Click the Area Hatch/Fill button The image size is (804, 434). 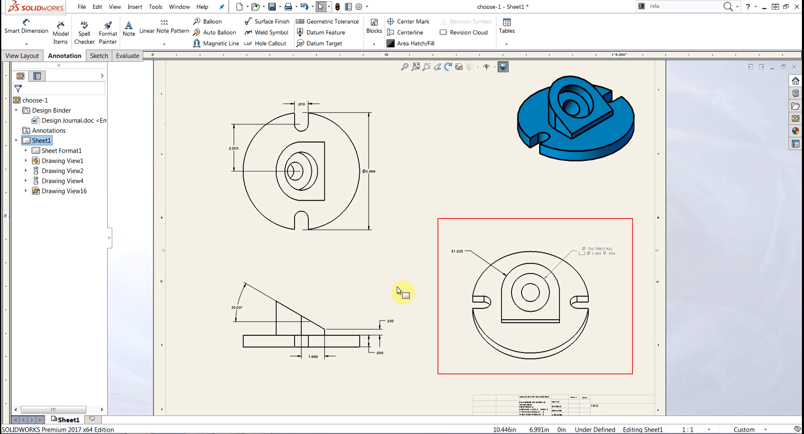click(x=410, y=43)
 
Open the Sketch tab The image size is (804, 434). click(x=99, y=55)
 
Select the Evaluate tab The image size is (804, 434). click(x=127, y=55)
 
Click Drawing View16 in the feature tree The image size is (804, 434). click(x=64, y=191)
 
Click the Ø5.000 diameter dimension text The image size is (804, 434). click(x=369, y=171)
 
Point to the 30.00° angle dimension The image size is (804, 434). click(x=237, y=308)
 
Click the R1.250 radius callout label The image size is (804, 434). click(x=457, y=251)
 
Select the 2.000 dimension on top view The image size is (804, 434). click(x=233, y=148)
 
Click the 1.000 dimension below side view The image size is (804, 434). click(x=313, y=357)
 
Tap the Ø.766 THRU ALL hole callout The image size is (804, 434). click(x=597, y=249)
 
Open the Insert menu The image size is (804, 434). click(x=134, y=7)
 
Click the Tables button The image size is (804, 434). click(x=506, y=26)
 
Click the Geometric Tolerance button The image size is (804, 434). click(x=327, y=21)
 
